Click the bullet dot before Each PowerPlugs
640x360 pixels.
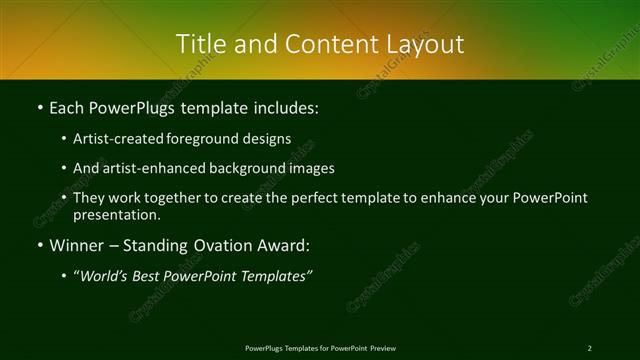coord(38,107)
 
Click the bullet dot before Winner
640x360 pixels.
coord(38,245)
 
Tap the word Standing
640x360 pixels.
coord(162,245)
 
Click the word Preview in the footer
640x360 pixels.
coord(383,348)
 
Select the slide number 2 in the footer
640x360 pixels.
coord(589,348)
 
